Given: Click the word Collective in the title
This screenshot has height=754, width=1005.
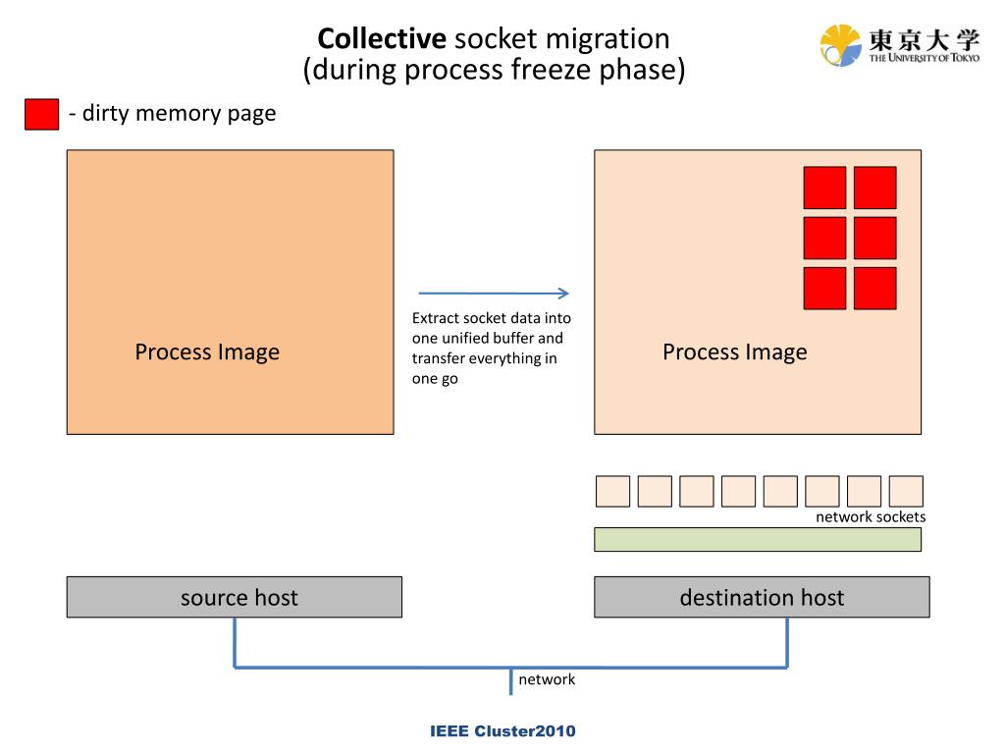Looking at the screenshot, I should [382, 39].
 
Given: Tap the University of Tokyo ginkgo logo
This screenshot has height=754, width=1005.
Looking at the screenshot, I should [840, 45].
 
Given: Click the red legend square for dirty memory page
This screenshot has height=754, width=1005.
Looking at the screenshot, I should [42, 114].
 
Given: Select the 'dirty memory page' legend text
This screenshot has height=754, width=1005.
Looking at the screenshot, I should [173, 113].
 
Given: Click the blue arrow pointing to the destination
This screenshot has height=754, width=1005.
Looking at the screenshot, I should [494, 293].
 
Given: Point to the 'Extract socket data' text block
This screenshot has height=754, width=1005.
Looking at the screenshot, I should [491, 348].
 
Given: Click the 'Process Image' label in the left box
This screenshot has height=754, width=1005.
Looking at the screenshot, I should [207, 351].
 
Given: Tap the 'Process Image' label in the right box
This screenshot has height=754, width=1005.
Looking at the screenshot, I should [734, 351].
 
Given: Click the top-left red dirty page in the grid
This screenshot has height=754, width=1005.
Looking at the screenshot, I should [824, 188].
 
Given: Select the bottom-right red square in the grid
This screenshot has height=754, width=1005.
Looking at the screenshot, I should [874, 288].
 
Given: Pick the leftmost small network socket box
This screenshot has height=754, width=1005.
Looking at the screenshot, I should [612, 491].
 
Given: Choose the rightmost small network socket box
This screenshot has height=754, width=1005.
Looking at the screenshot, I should [906, 491].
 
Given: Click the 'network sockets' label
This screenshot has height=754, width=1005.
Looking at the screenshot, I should [871, 516].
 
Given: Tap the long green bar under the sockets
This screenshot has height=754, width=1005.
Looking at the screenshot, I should [758, 539].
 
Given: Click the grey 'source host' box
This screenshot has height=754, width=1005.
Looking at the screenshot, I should [235, 597].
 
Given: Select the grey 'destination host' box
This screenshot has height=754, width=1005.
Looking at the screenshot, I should [762, 597].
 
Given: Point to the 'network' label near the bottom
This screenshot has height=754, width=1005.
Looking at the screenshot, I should [547, 679].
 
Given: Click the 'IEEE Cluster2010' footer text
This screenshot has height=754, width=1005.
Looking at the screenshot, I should [502, 731].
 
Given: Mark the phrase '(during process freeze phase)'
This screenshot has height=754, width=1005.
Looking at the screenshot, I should [494, 71].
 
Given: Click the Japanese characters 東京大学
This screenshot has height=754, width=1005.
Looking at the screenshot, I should [924, 40].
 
